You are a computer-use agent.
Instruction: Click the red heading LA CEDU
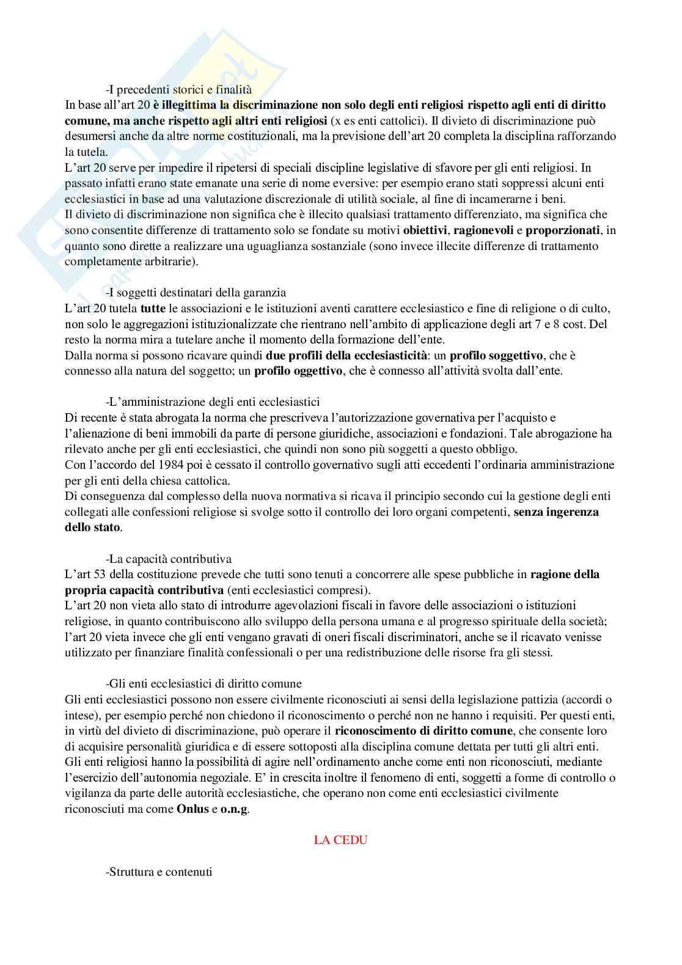pyautogui.click(x=340, y=840)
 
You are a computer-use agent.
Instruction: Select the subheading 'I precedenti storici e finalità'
pyautogui.click(x=178, y=89)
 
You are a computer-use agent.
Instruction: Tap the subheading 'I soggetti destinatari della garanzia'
pyautogui.click(x=196, y=293)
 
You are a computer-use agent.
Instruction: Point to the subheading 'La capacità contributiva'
pyautogui.click(x=168, y=559)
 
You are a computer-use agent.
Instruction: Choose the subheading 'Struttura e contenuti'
pyautogui.click(x=159, y=871)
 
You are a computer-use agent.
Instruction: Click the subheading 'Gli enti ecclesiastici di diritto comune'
pyautogui.click(x=204, y=683)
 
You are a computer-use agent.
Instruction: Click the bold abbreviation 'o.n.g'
pyautogui.click(x=235, y=809)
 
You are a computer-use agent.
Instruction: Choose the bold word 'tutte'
pyautogui.click(x=153, y=309)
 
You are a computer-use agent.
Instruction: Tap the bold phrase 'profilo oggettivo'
pyautogui.click(x=298, y=371)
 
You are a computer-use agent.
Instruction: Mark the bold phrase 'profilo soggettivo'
pyautogui.click(x=496, y=355)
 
